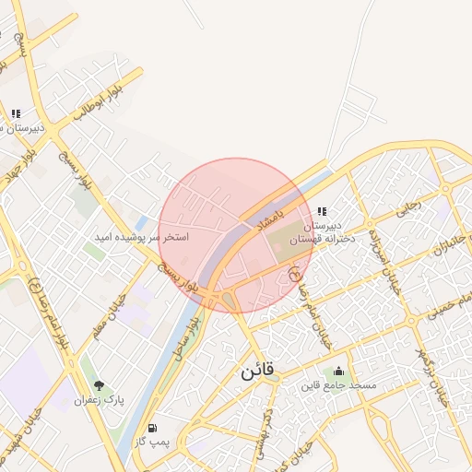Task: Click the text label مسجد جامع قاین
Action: (336, 384)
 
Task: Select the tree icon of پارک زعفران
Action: (99, 386)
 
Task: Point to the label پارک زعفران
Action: (100, 400)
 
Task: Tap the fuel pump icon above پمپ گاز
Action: (151, 429)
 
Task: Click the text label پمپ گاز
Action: (151, 442)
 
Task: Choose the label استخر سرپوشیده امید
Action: (142, 237)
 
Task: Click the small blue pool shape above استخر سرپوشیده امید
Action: (140, 222)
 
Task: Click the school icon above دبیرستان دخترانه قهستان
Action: (322, 212)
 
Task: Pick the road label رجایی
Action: (408, 209)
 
